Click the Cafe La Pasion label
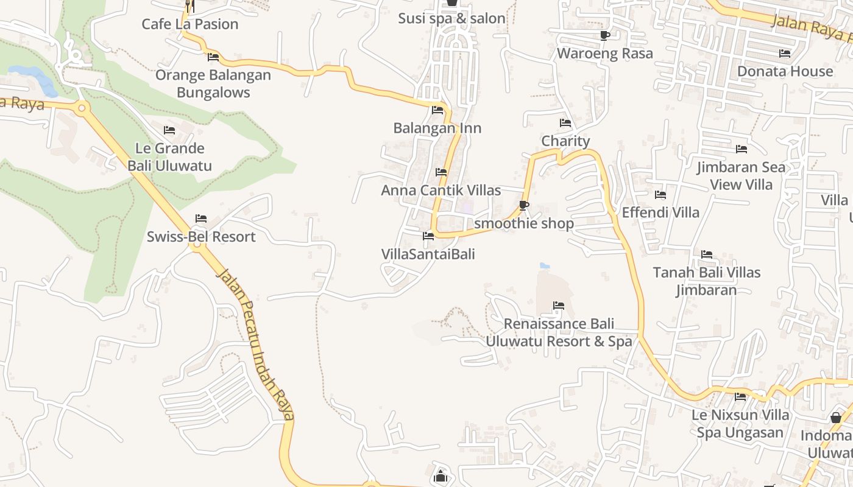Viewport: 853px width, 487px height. [190, 24]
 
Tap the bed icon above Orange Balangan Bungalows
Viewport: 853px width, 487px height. [213, 57]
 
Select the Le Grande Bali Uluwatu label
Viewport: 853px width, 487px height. [169, 156]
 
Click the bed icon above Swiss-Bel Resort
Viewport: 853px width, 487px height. [201, 219]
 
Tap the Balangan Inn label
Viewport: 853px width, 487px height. [437, 128]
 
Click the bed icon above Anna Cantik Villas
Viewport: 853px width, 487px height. [441, 172]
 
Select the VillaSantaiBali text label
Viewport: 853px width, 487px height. [428, 254]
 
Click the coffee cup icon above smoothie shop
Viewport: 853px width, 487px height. [523, 205]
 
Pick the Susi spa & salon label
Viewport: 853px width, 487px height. [451, 18]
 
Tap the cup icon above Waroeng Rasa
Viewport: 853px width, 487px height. [605, 36]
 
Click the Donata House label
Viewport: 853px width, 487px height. [785, 71]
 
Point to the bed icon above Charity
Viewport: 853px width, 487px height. [565, 123]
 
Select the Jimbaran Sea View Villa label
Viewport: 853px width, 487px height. [742, 175]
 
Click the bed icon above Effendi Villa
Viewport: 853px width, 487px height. [660, 195]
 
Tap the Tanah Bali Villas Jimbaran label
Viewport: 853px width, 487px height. [707, 281]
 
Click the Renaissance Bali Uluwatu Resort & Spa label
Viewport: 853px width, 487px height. [559, 332]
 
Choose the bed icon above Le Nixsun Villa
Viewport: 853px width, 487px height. [740, 397]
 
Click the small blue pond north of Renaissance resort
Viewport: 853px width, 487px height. [545, 266]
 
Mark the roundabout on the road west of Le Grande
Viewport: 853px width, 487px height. [82, 109]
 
